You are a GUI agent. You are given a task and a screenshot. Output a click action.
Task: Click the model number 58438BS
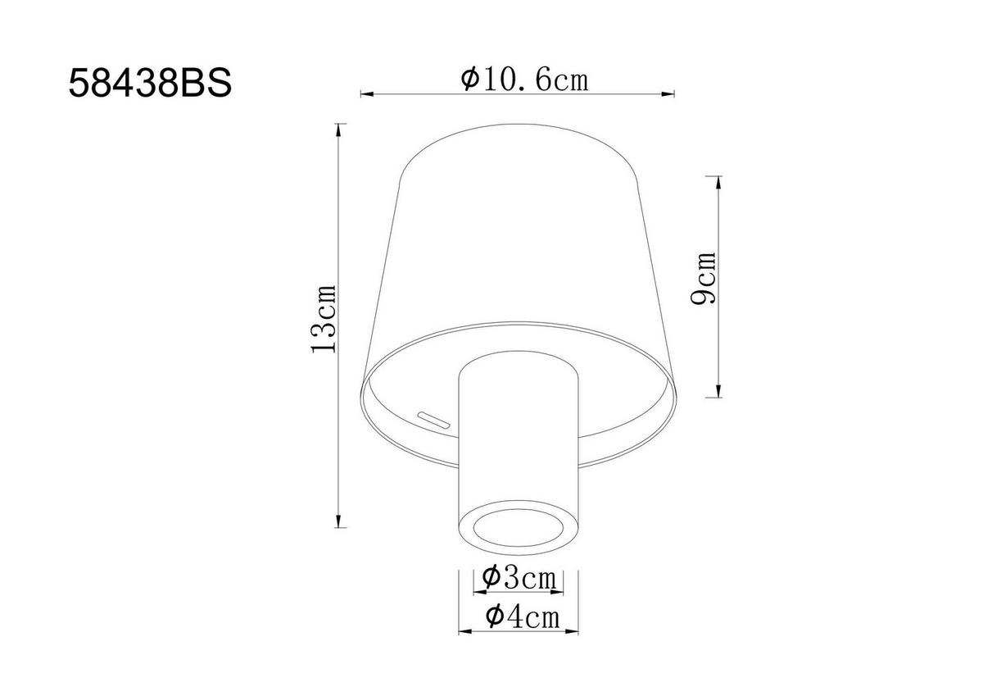point(150,84)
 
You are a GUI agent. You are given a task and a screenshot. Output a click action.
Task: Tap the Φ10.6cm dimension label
point(524,80)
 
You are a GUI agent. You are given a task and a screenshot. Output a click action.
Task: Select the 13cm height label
point(324,319)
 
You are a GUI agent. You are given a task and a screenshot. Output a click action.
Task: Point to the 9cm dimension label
point(703,278)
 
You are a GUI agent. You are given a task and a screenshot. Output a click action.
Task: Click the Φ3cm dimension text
point(519,578)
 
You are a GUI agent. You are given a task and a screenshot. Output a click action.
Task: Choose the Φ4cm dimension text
point(523,616)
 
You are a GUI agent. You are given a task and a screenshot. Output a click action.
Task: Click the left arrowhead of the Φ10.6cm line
point(367,93)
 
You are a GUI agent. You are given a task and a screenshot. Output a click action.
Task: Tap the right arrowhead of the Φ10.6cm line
point(668,93)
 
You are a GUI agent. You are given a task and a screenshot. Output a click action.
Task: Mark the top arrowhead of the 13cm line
point(337,131)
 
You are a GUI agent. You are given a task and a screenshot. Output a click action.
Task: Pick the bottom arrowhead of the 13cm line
point(337,521)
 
